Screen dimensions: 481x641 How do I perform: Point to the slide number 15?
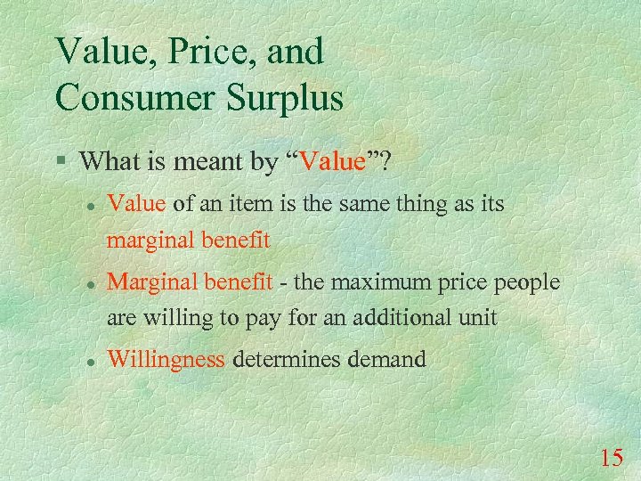coord(611,458)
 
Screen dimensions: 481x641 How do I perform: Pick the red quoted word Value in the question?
coord(334,161)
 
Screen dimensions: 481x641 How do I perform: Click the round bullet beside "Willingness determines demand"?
coord(90,361)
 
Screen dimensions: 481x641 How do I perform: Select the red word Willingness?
coord(166,361)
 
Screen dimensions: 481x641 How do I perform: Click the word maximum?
coord(384,282)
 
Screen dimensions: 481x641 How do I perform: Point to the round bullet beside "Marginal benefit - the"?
coord(90,283)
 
